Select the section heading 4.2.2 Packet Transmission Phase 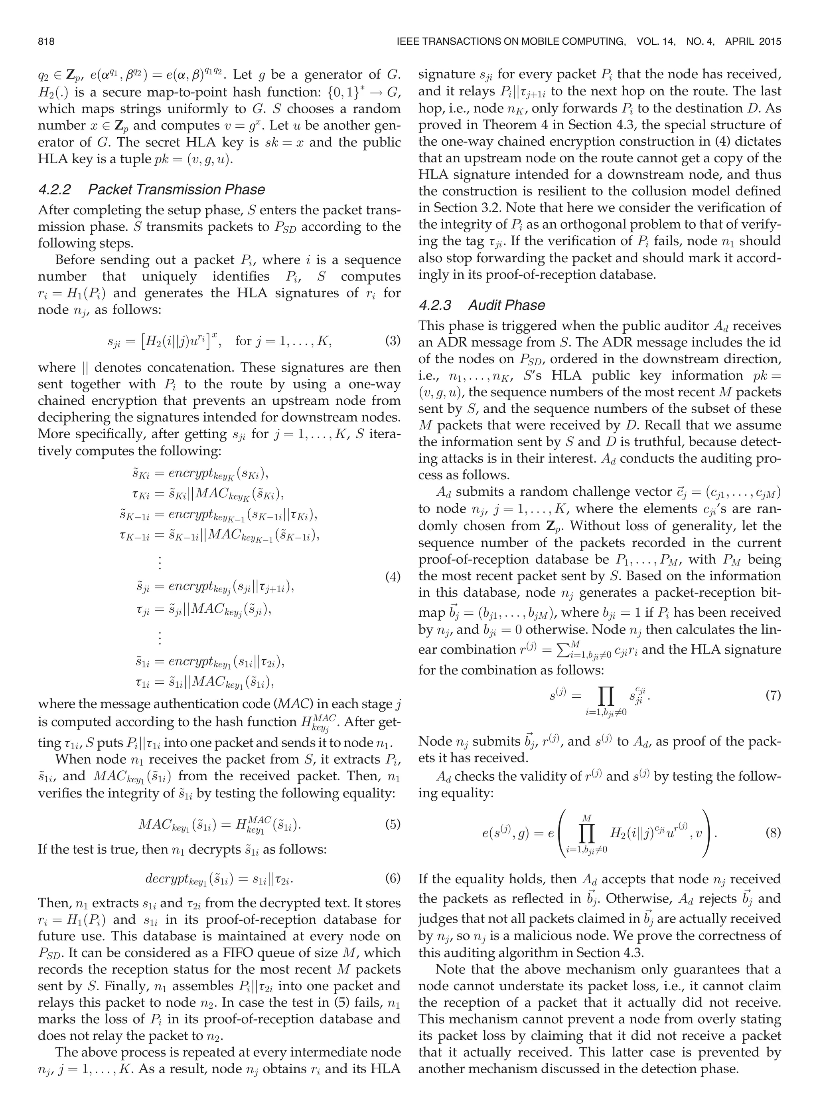(x=151, y=190)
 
